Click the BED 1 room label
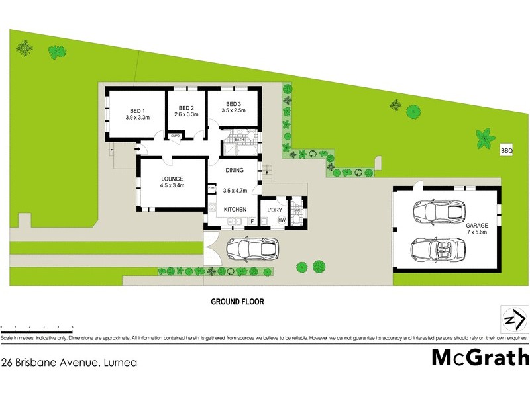tap(137, 110)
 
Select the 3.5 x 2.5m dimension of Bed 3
tap(234, 111)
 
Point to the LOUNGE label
tap(172, 179)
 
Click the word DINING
tap(235, 171)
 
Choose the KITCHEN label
tap(235, 210)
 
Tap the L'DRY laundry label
tap(275, 210)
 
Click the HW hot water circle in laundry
tap(282, 220)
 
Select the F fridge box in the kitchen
tap(252, 220)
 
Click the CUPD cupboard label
tap(176, 136)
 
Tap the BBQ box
tap(507, 151)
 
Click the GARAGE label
tap(477, 225)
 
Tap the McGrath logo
tap(481, 357)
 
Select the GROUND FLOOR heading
tap(237, 302)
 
